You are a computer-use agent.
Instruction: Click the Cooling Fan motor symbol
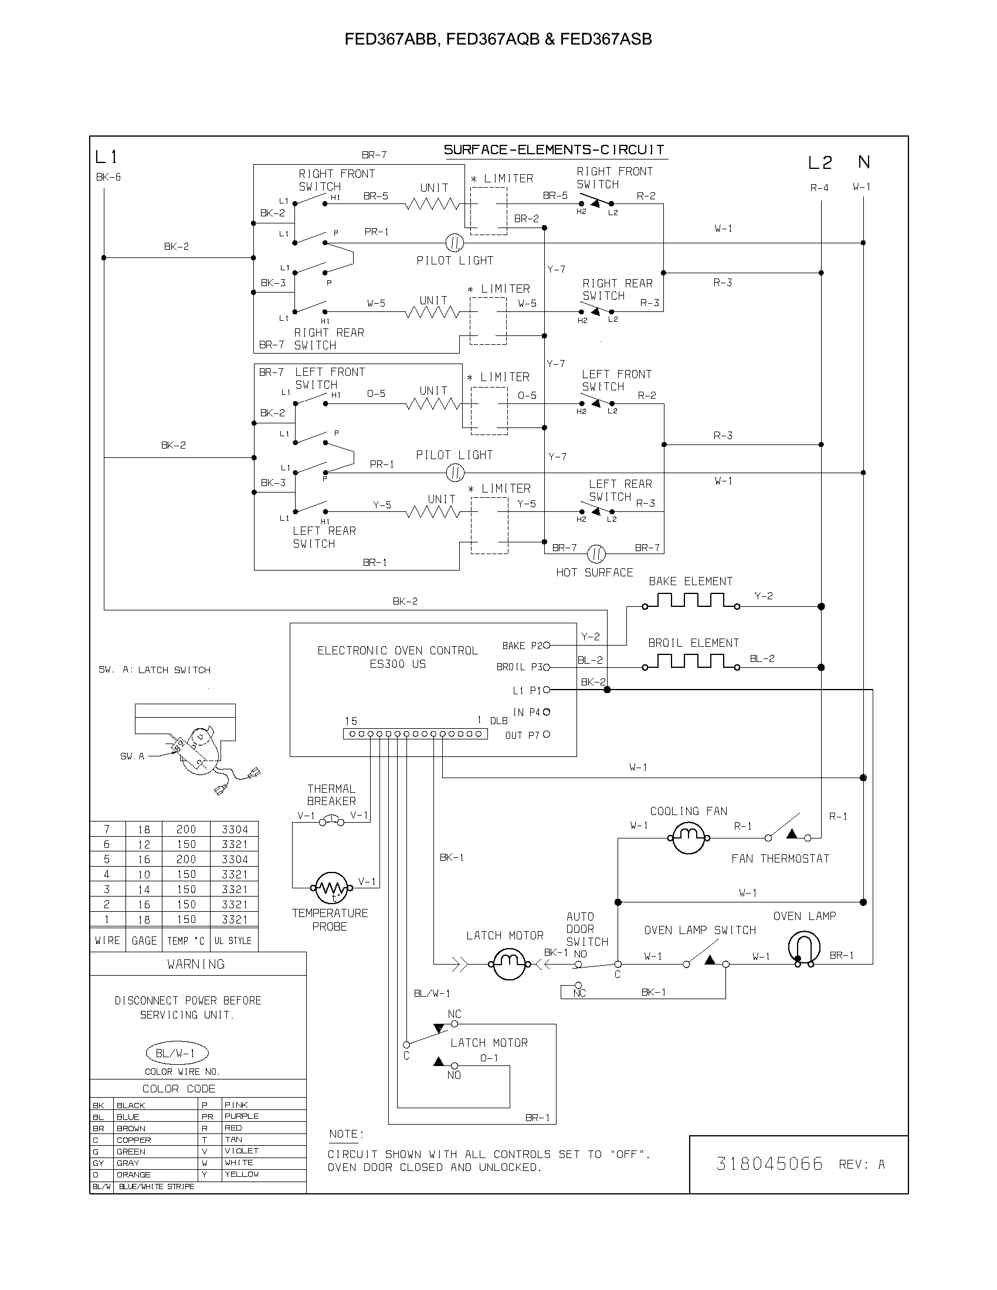[688, 837]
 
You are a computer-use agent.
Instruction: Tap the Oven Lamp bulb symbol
[804, 948]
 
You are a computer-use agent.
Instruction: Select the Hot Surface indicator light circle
[596, 554]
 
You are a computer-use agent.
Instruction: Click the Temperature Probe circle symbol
[331, 888]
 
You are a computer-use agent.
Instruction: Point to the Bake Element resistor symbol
[691, 601]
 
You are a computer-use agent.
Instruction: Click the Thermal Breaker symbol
[331, 820]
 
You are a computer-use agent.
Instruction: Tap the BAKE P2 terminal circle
[547, 645]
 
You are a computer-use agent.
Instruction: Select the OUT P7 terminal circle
[547, 734]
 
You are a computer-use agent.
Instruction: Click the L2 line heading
[820, 162]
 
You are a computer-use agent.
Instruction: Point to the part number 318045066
[769, 1163]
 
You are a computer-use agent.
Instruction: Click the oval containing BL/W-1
[177, 1053]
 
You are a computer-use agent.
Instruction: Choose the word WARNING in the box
[196, 964]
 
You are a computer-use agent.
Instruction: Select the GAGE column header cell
[144, 941]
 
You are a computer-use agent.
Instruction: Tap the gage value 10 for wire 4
[144, 874]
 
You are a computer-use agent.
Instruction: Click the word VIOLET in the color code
[242, 1150]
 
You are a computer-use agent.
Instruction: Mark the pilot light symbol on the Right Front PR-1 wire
[454, 242]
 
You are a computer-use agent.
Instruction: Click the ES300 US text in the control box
[398, 664]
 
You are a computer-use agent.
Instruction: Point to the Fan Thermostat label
[779, 859]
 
